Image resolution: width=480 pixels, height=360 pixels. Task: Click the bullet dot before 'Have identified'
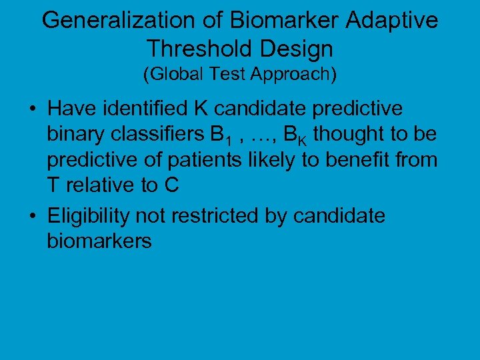tap(32, 109)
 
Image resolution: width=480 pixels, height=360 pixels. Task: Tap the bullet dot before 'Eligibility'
tap(32, 216)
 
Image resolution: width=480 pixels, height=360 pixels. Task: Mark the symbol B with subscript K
tap(295, 136)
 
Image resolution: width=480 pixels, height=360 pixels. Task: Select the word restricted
tap(210, 215)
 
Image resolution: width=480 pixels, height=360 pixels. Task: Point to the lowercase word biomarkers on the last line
tap(99, 241)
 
